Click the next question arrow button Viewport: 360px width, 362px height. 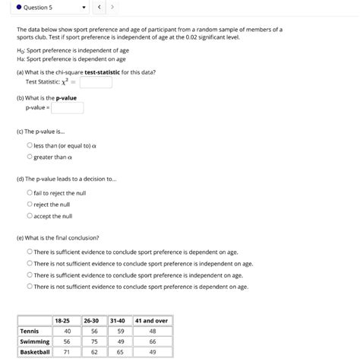pos(112,8)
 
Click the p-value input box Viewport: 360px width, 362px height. pos(67,108)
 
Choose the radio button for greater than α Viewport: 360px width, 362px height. pos(30,157)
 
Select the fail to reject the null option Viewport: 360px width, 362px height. pos(30,193)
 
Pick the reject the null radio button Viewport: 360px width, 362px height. pos(30,204)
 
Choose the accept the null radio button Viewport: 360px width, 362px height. pos(30,215)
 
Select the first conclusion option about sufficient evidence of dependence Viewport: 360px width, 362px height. pos(30,252)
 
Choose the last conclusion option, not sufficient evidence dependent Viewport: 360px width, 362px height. pos(30,287)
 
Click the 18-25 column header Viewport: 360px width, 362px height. pos(66,320)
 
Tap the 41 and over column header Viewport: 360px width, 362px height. pos(152,320)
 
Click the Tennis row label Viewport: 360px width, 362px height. pos(30,331)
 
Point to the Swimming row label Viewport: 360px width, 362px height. pos(34,341)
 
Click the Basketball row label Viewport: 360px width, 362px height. pos(35,352)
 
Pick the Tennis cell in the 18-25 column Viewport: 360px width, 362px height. pos(66,331)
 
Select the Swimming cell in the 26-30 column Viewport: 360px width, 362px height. pos(94,341)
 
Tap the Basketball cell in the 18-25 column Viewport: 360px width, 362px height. pos(66,352)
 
